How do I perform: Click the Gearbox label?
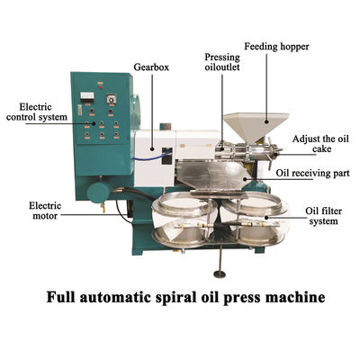(151, 67)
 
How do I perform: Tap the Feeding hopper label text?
(276, 47)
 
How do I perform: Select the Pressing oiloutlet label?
(222, 62)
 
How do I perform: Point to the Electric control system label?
(37, 112)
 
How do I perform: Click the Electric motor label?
(45, 211)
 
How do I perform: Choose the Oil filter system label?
(324, 216)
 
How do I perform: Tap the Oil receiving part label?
(312, 173)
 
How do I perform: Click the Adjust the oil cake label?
(320, 144)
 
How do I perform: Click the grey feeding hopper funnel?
(256, 127)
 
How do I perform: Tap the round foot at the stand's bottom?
(220, 274)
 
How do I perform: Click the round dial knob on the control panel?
(111, 99)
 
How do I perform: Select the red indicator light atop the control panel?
(100, 87)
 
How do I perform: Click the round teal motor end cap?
(98, 193)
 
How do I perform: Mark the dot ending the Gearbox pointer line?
(152, 148)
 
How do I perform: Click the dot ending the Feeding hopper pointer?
(266, 121)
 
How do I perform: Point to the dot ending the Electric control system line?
(94, 123)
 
